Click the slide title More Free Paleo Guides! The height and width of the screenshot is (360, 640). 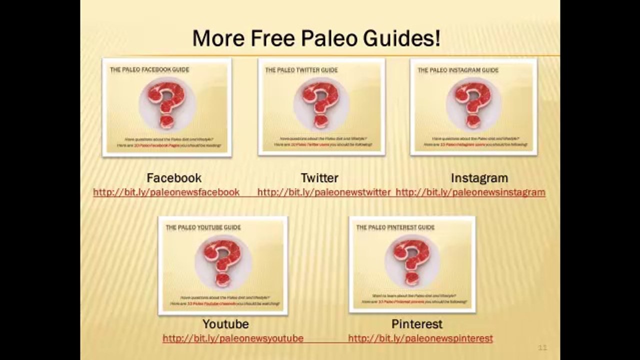[316, 38]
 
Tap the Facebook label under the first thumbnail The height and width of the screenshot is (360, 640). [174, 178]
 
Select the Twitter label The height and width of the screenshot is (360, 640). [319, 178]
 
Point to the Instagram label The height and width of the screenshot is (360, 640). [479, 178]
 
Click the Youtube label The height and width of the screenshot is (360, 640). [225, 324]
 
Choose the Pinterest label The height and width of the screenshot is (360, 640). [417, 324]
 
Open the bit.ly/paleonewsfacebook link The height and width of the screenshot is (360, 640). [166, 192]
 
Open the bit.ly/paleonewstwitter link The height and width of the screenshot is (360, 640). [323, 192]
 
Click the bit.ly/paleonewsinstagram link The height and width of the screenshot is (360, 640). [470, 192]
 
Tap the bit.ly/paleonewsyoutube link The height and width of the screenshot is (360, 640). [233, 338]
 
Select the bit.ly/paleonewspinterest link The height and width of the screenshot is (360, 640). [420, 338]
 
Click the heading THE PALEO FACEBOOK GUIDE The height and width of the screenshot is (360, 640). [149, 70]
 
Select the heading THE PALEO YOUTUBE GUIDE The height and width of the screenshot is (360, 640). [203, 227]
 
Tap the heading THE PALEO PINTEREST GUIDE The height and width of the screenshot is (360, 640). [395, 227]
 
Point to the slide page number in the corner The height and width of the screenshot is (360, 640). [542, 347]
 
